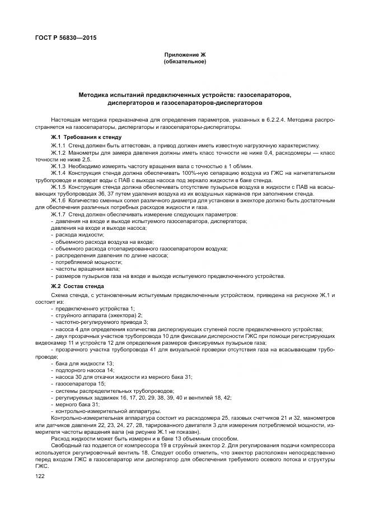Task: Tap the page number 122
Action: point(40,475)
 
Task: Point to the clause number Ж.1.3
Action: point(58,166)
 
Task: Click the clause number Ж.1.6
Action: point(58,200)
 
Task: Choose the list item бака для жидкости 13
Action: point(77,363)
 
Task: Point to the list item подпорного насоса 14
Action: point(78,370)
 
